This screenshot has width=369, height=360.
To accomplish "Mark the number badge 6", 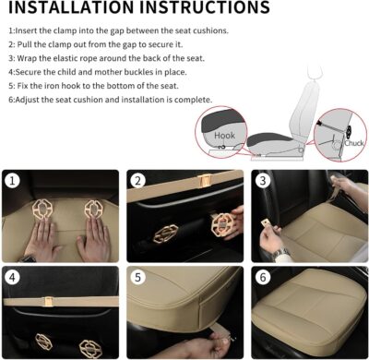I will coord(262,277).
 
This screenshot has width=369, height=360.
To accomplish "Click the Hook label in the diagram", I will coord(224,135).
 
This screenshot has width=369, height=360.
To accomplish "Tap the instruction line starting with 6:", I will coord(111,100).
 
